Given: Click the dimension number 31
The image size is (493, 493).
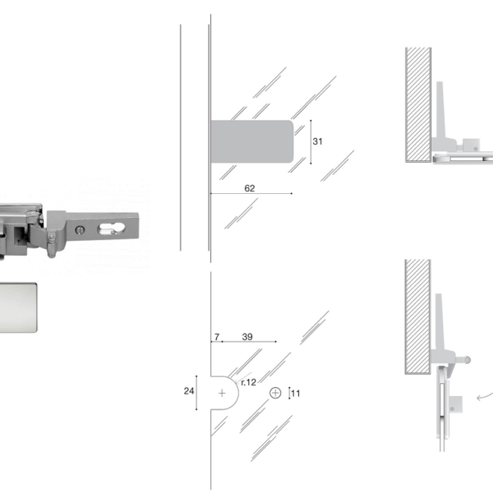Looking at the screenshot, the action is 317,141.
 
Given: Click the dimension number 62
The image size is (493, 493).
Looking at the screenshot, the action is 249,188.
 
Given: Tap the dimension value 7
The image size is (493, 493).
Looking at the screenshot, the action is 217,337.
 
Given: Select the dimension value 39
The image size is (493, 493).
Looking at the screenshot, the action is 247,337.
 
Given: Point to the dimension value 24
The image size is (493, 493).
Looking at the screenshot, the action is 189,391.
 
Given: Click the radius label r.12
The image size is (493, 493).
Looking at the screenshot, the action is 248,382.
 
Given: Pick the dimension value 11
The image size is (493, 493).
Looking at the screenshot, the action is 296,394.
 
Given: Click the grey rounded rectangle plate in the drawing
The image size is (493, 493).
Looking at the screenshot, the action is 252,141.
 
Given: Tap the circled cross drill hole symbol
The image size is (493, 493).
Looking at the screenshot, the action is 275,393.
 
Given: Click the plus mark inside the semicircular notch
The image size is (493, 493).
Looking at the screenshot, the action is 222,393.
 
